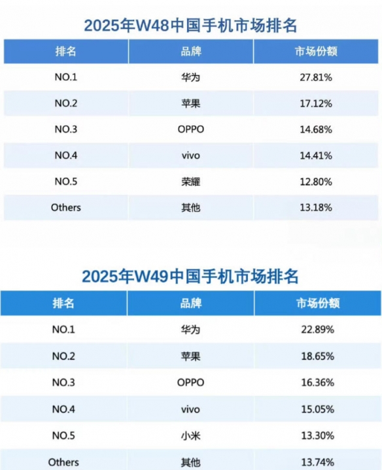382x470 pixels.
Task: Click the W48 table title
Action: (190, 25)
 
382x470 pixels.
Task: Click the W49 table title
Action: (190, 276)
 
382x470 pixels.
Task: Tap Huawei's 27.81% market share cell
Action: (316, 78)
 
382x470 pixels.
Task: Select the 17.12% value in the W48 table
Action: (316, 104)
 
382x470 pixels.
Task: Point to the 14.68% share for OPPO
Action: (316, 129)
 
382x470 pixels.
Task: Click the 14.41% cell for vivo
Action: (316, 156)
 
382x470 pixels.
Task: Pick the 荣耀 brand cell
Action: (191, 182)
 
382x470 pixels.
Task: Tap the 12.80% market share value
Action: (316, 182)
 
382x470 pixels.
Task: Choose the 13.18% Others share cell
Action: (316, 207)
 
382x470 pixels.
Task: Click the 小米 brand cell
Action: (191, 435)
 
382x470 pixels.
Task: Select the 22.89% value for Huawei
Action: (317, 329)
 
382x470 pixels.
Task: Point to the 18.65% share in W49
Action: (317, 356)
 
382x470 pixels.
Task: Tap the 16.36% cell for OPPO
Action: (317, 382)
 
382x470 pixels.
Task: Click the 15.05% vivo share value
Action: (317, 409)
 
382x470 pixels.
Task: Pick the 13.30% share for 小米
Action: (317, 435)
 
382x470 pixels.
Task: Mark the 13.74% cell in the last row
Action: (317, 462)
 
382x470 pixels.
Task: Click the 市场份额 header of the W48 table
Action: (316, 51)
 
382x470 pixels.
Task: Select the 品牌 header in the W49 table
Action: (191, 303)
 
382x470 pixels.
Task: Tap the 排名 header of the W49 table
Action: (63, 303)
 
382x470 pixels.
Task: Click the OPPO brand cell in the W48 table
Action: (191, 129)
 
